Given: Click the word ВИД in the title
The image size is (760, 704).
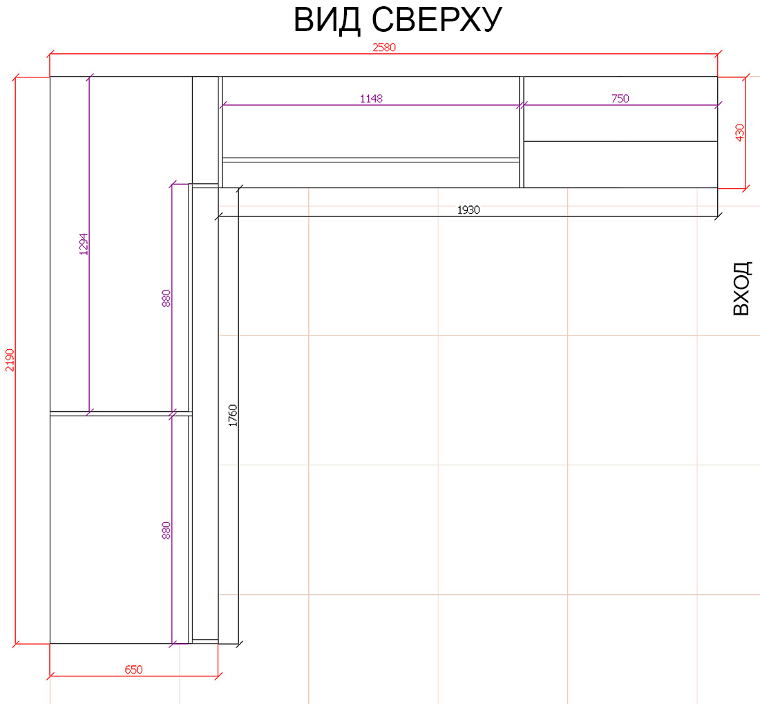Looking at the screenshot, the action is click(327, 20).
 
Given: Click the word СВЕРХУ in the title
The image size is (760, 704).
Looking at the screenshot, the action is click(437, 20).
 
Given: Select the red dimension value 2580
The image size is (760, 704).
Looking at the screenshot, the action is click(384, 48).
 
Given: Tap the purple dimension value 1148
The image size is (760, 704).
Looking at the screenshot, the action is click(371, 98).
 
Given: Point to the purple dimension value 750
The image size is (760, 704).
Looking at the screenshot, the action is click(620, 98).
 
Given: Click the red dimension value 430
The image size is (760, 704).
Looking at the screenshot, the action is click(740, 133).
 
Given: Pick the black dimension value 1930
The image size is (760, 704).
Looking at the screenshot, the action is click(468, 210).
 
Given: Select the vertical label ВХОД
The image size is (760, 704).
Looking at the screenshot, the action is click(741, 288).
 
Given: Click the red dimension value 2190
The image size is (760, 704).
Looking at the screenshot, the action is click(10, 360).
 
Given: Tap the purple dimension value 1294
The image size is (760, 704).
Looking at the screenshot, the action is click(84, 244).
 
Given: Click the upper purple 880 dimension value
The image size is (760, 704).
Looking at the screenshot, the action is click(166, 298).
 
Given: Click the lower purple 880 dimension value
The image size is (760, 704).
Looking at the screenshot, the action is click(166, 530).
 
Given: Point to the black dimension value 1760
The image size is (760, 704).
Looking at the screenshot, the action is click(233, 416).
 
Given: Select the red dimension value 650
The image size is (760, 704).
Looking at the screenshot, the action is click(133, 670).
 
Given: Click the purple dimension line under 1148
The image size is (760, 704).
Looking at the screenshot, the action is click(371, 105).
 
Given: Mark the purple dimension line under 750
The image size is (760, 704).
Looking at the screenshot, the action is click(620, 105).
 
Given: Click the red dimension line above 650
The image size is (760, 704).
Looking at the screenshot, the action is click(134, 675).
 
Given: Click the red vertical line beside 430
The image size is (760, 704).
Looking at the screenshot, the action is click(745, 133).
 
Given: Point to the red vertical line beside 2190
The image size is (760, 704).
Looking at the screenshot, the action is click(15, 360).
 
